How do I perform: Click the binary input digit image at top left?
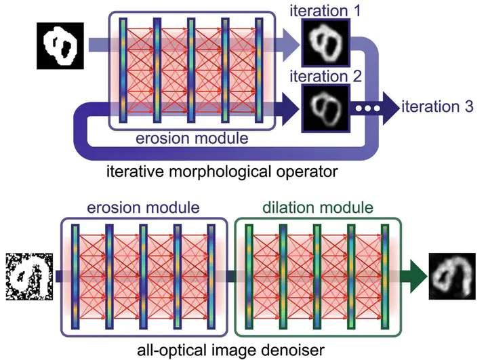(x=59, y=45)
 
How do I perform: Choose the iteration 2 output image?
(x=325, y=107)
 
